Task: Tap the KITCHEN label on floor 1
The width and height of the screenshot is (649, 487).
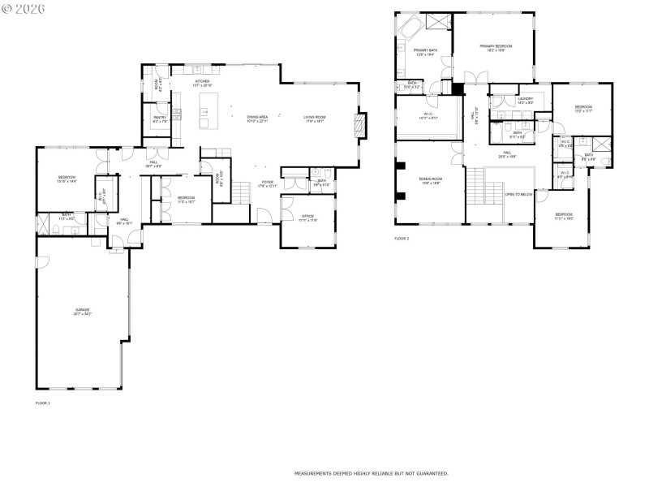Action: [x=202, y=82]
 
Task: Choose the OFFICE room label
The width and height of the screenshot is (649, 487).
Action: [x=308, y=217]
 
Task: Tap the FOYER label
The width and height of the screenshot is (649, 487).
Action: [x=267, y=183]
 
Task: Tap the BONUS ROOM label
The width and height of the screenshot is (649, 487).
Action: [x=430, y=179]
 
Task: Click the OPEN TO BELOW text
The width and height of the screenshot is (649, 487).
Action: [x=519, y=194]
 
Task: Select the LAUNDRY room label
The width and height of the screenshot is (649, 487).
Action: [x=526, y=99]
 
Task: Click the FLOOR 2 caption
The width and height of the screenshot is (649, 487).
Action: [x=402, y=239]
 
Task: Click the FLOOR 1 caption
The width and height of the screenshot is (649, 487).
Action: [x=43, y=403]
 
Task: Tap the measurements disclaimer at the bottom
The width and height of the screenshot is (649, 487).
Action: [x=371, y=472]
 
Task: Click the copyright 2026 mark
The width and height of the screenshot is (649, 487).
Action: [x=24, y=8]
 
